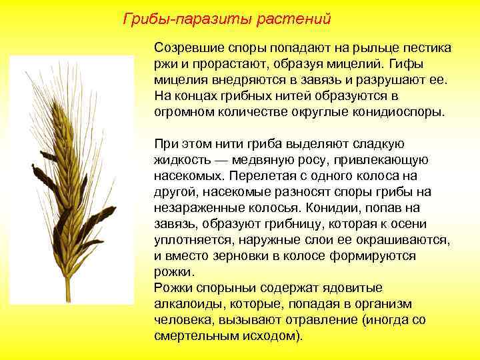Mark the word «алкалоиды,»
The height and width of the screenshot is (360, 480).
tap(187, 305)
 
